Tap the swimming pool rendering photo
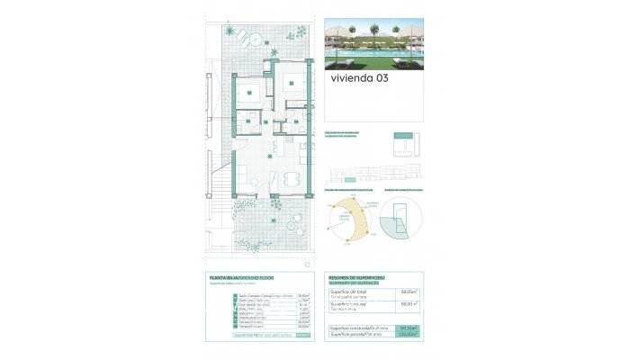pyautogui.click(x=373, y=46)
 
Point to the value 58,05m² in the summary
pyautogui.click(x=410, y=292)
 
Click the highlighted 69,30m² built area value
pyautogui.click(x=410, y=328)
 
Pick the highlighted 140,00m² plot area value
pyautogui.click(x=410, y=335)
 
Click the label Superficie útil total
pyautogui.click(x=347, y=292)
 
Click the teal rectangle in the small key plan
pyautogui.click(x=403, y=144)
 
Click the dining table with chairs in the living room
pyautogui.click(x=291, y=179)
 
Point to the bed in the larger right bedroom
pyautogui.click(x=292, y=81)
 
